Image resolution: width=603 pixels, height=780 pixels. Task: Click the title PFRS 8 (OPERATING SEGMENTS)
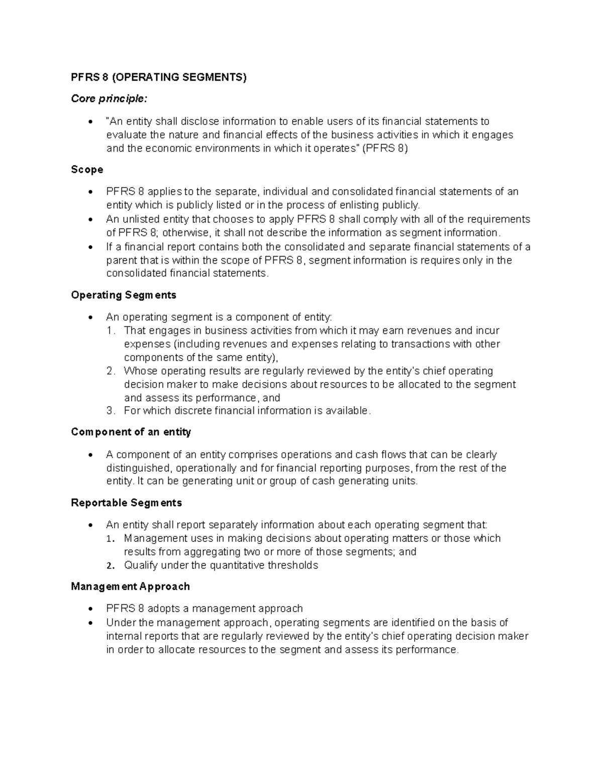pyautogui.click(x=159, y=77)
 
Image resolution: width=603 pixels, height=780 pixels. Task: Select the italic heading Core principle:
pyautogui.click(x=110, y=99)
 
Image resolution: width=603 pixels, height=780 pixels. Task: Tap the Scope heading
pyautogui.click(x=87, y=170)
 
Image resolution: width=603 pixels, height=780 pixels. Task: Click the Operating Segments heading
pyautogui.click(x=124, y=295)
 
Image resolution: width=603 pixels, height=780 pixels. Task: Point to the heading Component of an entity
pyautogui.click(x=131, y=432)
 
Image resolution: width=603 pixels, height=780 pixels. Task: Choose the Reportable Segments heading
pyautogui.click(x=126, y=503)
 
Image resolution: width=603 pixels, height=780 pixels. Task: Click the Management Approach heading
pyautogui.click(x=130, y=586)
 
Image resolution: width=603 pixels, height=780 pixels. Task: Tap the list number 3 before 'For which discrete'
pyautogui.click(x=111, y=411)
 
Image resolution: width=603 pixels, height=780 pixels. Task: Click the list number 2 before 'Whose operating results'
pyautogui.click(x=111, y=371)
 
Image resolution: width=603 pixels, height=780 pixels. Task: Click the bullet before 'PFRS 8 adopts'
pyautogui.click(x=90, y=609)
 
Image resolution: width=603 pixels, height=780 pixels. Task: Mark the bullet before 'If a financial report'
pyautogui.click(x=90, y=247)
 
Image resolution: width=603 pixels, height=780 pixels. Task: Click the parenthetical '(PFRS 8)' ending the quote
pyautogui.click(x=385, y=148)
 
